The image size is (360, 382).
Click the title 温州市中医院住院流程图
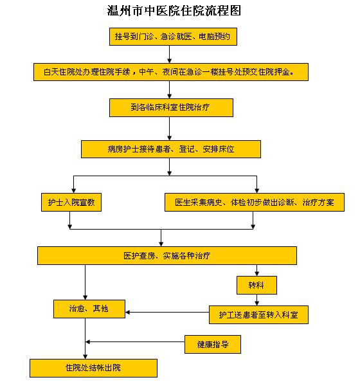tap(174, 11)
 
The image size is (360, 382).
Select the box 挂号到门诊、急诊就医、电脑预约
tap(173, 37)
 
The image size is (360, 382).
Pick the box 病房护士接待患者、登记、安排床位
tap(170, 149)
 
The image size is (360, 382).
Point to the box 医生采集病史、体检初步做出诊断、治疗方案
tap(255, 203)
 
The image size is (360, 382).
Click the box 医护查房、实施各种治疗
tap(166, 255)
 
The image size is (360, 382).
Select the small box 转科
tap(257, 284)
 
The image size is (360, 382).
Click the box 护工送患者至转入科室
tap(258, 314)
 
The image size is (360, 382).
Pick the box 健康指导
tap(213, 344)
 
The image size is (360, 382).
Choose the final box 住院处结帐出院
tap(93, 368)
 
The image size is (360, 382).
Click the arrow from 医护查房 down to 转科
tap(257, 271)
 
